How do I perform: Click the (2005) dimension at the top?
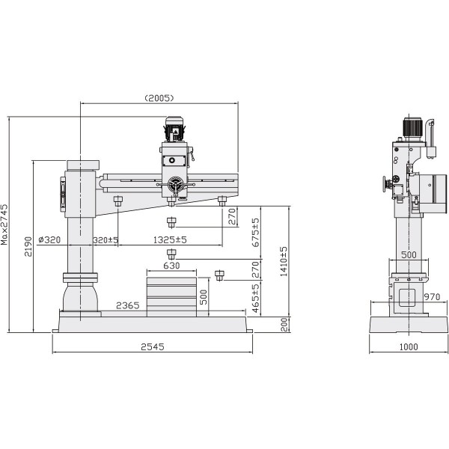coord(159,97)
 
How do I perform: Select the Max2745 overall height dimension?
coord(5,224)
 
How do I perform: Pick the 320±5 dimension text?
coord(106,239)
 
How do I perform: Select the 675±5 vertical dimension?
coord(255,233)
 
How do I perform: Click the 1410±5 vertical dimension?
coord(284,260)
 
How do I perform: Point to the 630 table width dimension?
coord(171,266)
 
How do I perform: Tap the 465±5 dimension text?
coord(255,298)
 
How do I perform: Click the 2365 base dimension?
coord(128,305)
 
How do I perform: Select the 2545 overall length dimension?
coord(153,346)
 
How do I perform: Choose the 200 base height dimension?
coord(284,324)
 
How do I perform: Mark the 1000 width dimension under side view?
coord(407,346)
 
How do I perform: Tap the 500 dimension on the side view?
coord(408,254)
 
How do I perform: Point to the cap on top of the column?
coord(82,165)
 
